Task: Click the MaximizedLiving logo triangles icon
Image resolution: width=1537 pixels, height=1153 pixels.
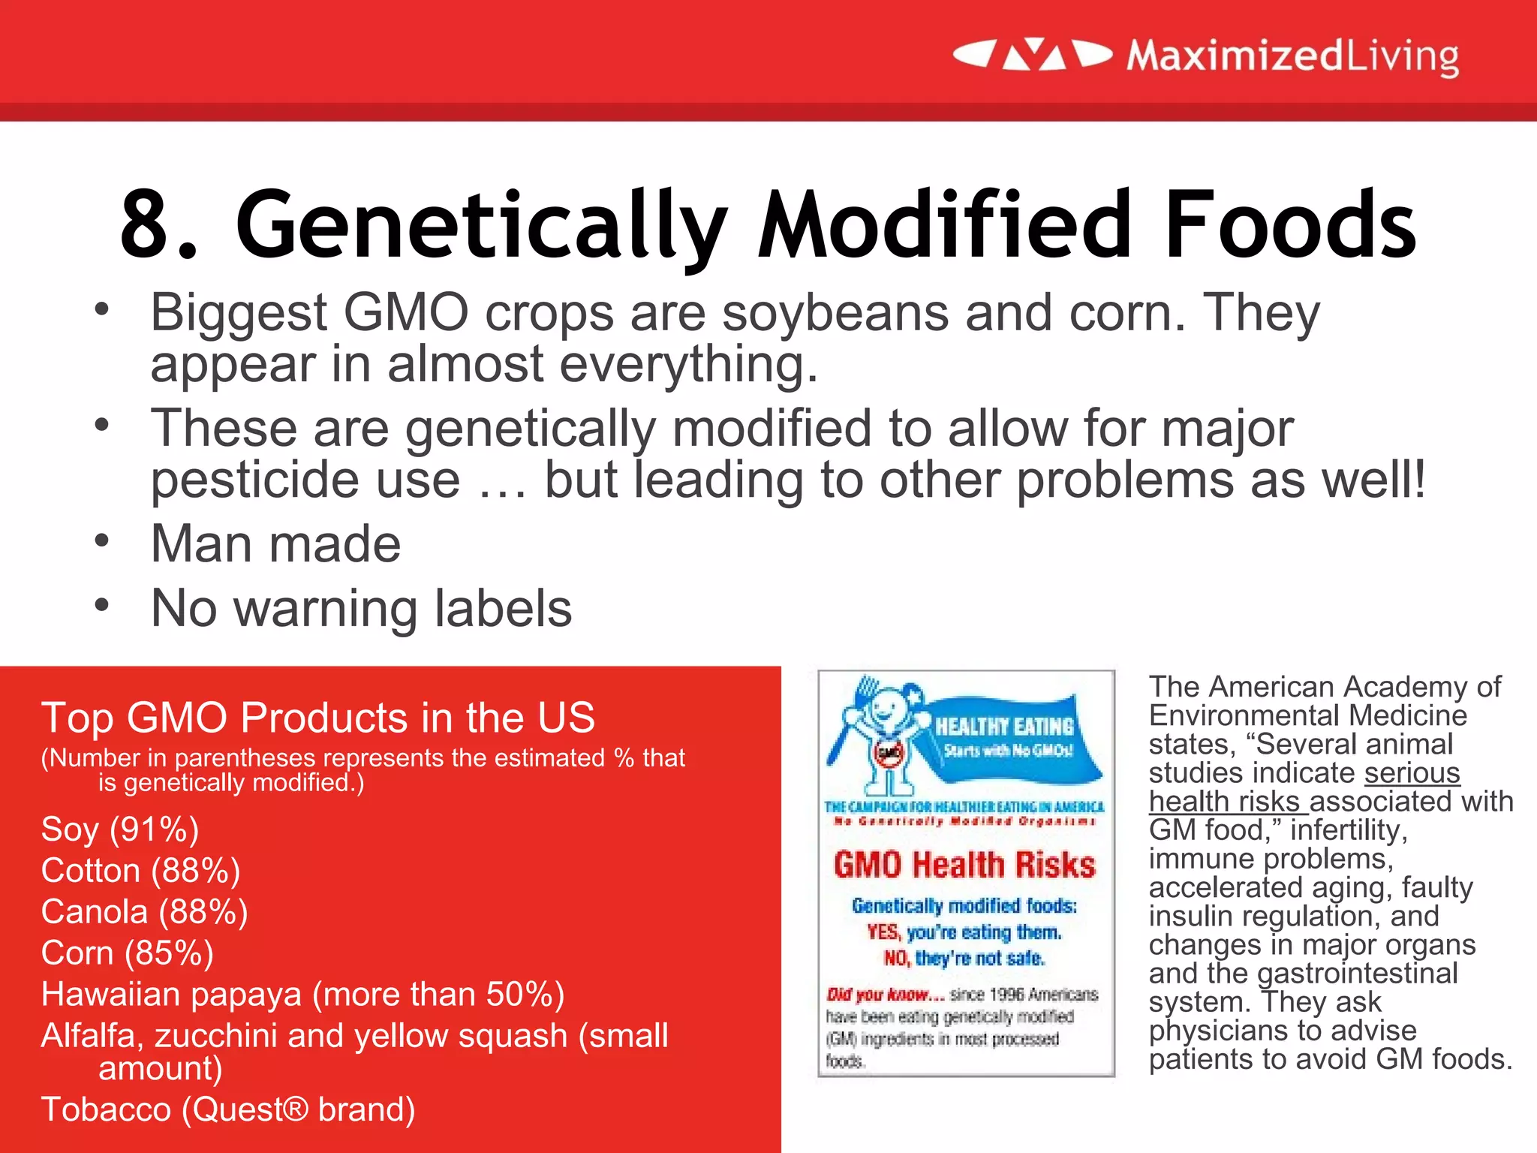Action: (1033, 55)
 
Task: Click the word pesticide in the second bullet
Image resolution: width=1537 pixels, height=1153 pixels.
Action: (305, 480)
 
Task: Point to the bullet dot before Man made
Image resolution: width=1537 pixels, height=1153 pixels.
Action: (102, 540)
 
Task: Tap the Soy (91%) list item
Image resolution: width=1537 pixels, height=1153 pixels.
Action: (120, 829)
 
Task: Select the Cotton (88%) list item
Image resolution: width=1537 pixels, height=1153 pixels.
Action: (140, 871)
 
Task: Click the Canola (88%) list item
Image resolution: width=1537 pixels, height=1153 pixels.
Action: (144, 912)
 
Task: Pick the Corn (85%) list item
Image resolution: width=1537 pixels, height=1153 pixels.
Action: (127, 953)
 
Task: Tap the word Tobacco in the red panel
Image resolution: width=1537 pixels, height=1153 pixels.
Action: (106, 1109)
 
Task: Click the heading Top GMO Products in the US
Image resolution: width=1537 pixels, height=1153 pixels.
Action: (317, 718)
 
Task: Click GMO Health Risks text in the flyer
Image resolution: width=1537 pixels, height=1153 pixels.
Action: (964, 865)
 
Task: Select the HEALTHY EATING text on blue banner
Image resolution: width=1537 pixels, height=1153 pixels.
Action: (1004, 726)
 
